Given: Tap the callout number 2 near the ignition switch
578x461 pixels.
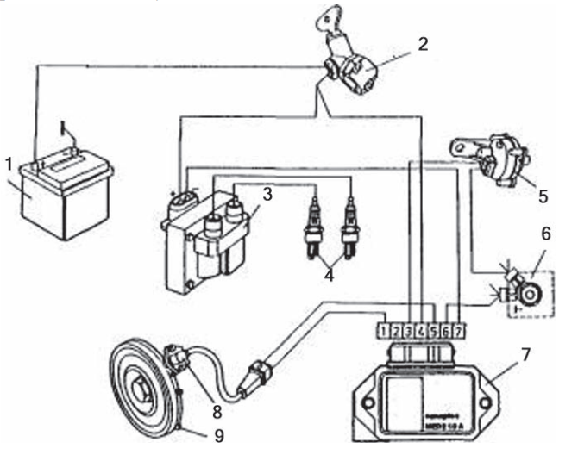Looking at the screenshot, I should tap(422, 43).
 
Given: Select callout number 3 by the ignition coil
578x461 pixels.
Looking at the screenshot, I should tap(268, 194).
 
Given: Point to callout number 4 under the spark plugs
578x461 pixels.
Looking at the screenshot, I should tap(329, 277).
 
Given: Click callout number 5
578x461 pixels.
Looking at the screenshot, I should tap(543, 196).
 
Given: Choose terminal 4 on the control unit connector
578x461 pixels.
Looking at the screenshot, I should tap(422, 329).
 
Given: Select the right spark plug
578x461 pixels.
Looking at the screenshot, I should tap(349, 226).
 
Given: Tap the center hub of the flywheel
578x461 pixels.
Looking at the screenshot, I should tap(141, 392).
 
